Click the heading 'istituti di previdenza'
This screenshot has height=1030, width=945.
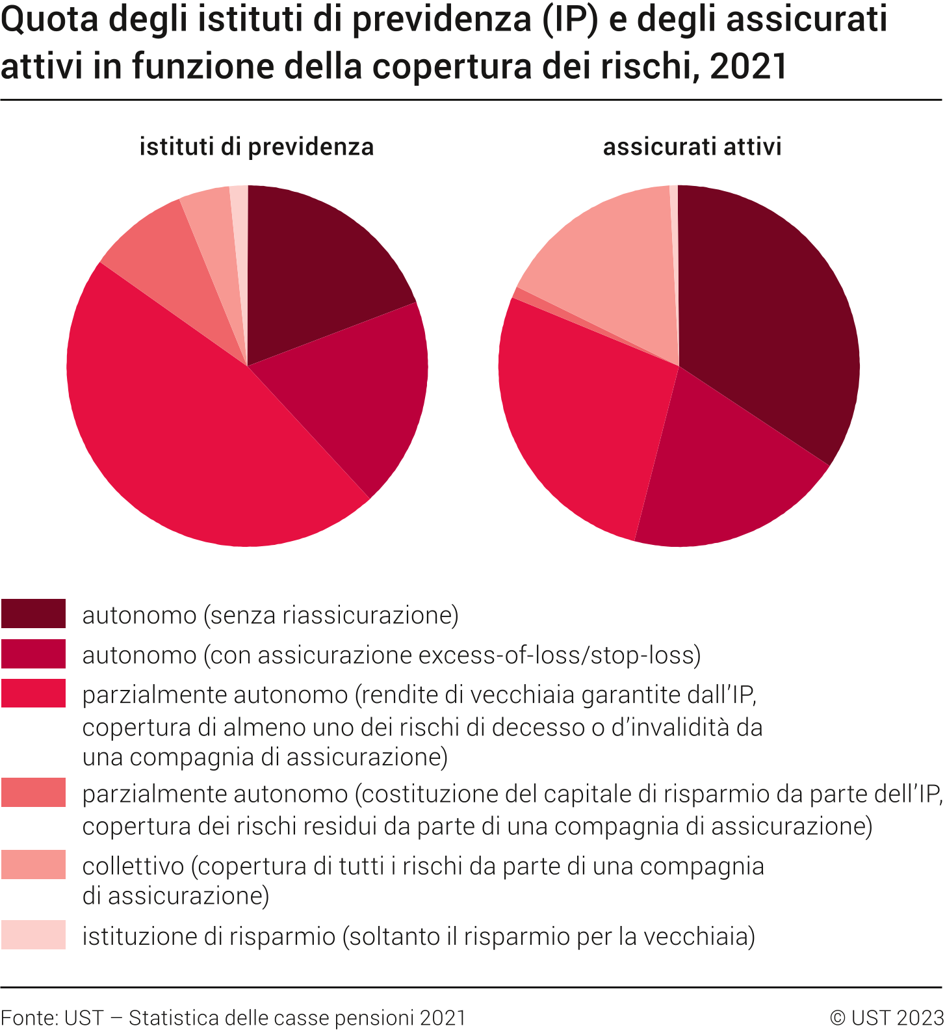[257, 147]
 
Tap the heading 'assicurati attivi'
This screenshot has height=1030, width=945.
[692, 147]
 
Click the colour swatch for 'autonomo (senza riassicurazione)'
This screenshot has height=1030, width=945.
[33, 614]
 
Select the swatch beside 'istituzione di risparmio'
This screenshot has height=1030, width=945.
[33, 935]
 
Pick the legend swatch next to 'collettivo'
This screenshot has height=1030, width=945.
[33, 865]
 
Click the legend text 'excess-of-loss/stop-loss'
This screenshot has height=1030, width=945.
[559, 655]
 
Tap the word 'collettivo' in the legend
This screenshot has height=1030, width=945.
[133, 866]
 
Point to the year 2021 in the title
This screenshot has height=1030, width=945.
[749, 66]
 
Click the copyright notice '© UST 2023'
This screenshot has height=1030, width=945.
[887, 1017]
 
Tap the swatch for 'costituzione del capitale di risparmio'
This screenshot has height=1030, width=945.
[33, 793]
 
